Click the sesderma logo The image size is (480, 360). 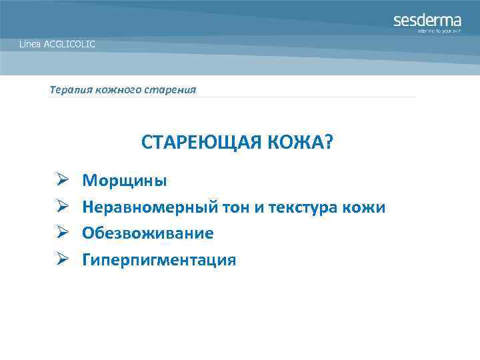[427, 20]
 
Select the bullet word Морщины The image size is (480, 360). [125, 181]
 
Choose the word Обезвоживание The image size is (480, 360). [147, 233]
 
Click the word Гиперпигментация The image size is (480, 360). [159, 260]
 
